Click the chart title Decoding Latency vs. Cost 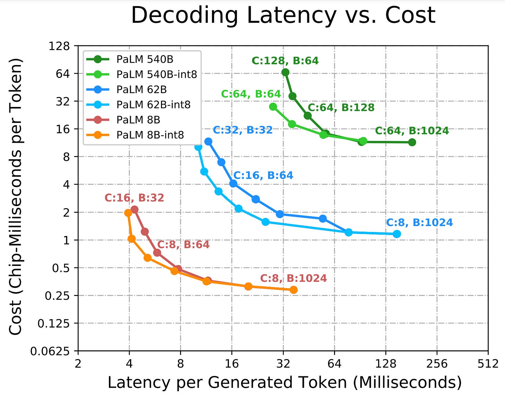(x=283, y=15)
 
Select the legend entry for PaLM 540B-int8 (x=156, y=74)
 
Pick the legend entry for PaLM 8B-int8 (x=150, y=135)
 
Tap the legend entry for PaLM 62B (x=142, y=89)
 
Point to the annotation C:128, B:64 (x=285, y=61)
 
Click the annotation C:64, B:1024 (x=412, y=131)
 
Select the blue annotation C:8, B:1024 (x=419, y=223)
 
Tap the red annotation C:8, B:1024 (x=293, y=278)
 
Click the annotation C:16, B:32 (x=134, y=198)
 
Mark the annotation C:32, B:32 (x=242, y=130)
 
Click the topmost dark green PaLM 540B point (x=285, y=72)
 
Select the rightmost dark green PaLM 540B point (x=412, y=142)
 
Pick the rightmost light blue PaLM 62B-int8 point (x=397, y=234)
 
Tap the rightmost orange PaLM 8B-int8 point (x=293, y=290)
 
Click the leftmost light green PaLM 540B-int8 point (x=273, y=107)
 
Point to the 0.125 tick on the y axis (x=53, y=324)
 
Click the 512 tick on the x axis (x=488, y=364)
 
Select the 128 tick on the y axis (x=59, y=46)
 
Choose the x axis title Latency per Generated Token (x=284, y=383)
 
